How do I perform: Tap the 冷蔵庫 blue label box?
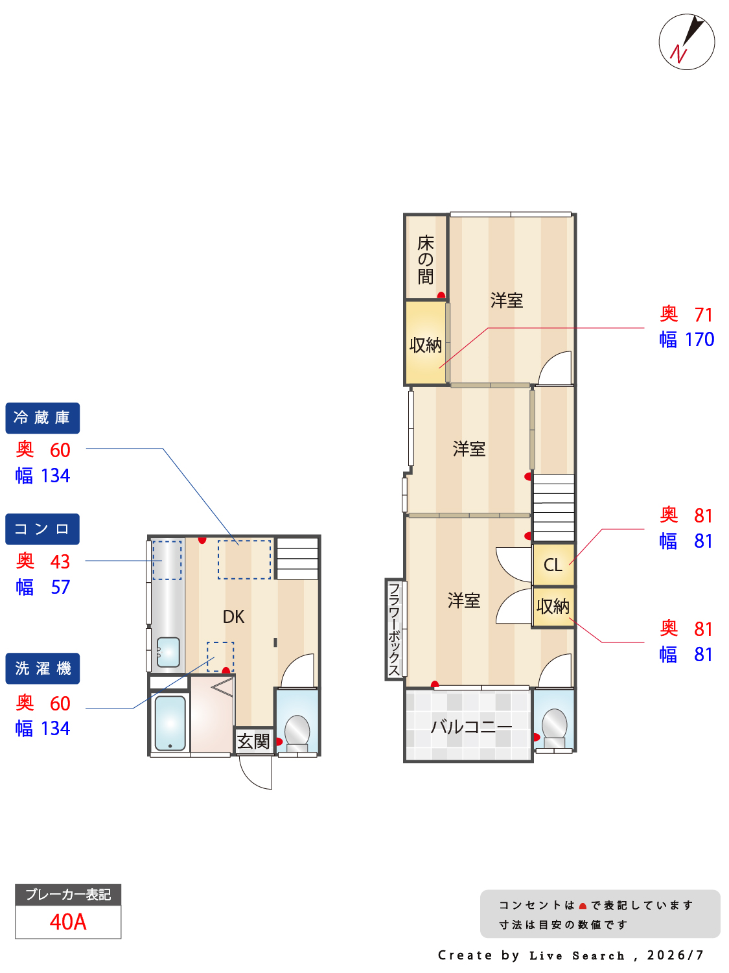click(43, 417)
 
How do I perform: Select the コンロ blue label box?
click(43, 529)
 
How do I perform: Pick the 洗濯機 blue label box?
click(43, 668)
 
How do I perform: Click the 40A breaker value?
click(68, 922)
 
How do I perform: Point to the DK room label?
click(233, 616)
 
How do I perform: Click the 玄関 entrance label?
click(253, 741)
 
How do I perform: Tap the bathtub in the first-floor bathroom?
click(170, 722)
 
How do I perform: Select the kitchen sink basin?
click(168, 651)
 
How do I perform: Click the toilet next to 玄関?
click(297, 732)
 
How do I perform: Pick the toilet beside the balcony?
click(554, 727)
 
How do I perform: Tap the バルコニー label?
click(471, 727)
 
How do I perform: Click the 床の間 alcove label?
click(425, 259)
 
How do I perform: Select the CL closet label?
click(553, 565)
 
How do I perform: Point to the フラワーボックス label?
click(393, 629)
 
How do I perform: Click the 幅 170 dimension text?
click(686, 339)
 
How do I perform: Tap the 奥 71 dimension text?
click(686, 314)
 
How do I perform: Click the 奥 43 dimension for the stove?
click(43, 561)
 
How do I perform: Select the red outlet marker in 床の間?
click(441, 295)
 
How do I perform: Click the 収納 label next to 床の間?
click(425, 345)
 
